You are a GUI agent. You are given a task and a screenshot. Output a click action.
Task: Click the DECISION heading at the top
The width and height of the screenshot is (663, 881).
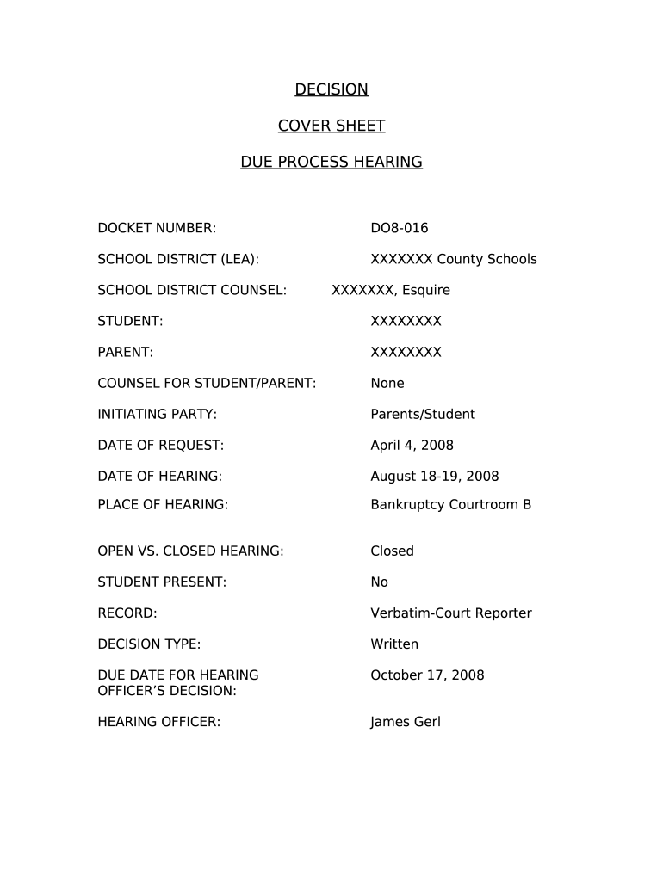click(331, 89)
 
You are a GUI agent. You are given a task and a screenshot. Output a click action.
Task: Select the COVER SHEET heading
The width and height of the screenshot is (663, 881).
click(331, 126)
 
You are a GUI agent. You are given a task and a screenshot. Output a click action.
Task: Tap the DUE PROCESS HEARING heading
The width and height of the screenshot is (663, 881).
click(331, 162)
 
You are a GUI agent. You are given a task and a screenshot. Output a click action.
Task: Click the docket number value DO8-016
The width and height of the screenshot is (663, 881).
click(399, 228)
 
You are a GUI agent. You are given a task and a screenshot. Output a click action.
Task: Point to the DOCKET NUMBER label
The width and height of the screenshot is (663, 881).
click(157, 228)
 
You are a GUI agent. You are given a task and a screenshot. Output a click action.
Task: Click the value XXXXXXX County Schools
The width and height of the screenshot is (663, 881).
click(453, 259)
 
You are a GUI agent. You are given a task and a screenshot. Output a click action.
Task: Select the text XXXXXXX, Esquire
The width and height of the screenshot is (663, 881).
click(391, 290)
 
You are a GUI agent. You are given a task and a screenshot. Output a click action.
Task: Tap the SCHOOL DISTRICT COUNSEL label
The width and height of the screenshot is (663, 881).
click(192, 290)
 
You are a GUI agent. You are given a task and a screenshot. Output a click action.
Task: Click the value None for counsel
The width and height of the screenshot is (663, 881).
click(387, 383)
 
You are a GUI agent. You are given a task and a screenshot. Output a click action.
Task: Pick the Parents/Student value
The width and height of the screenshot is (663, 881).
click(422, 414)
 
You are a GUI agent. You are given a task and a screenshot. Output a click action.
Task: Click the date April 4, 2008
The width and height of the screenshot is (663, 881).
click(412, 445)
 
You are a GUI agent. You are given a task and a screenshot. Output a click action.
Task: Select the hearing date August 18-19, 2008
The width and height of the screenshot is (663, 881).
click(434, 476)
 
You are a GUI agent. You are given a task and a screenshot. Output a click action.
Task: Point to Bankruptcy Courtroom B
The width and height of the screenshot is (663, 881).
click(450, 505)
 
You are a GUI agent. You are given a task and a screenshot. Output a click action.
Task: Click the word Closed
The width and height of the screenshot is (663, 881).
click(392, 551)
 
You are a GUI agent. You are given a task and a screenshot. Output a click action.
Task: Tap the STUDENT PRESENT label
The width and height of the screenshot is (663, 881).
click(162, 582)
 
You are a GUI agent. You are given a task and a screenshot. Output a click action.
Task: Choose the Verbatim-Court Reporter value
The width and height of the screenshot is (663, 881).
click(450, 613)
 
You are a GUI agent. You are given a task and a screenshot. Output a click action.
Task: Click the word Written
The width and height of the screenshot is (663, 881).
click(394, 644)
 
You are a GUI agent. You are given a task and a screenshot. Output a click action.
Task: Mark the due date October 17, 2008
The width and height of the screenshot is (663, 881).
click(427, 675)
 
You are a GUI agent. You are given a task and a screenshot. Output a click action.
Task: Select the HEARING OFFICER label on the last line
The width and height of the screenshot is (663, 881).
click(159, 722)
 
